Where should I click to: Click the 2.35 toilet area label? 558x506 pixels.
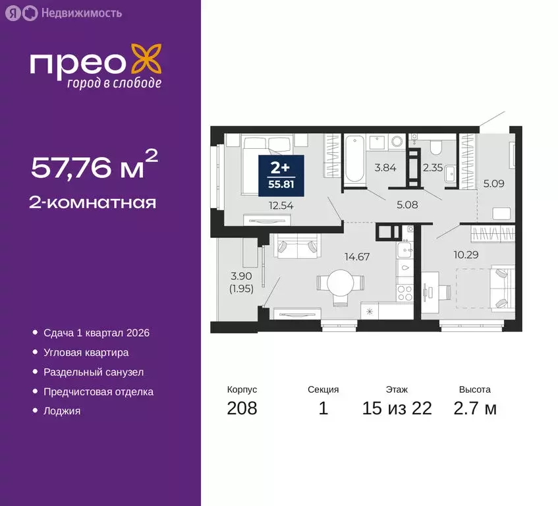pos(432,167)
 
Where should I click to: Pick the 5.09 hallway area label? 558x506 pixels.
pos(493,184)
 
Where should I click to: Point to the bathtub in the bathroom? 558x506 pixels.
pos(354,158)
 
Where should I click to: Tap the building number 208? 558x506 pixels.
pos(242,408)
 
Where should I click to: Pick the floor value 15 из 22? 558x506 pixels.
pos(397,408)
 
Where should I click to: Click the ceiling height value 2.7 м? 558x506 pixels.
pos(474,408)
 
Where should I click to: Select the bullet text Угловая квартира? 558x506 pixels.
pos(86,352)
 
